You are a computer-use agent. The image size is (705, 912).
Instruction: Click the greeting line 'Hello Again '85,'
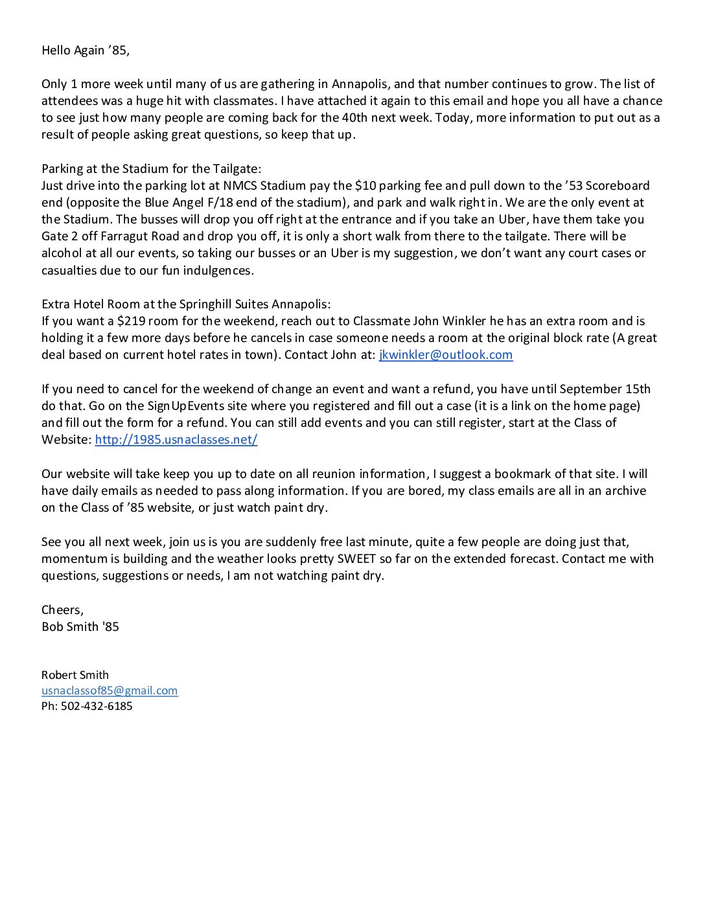[85, 51]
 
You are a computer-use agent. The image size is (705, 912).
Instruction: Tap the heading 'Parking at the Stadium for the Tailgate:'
[151, 169]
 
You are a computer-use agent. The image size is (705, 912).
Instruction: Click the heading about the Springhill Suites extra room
[186, 304]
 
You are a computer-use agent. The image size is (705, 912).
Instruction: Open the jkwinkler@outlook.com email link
[446, 355]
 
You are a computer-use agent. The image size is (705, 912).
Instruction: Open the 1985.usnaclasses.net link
[176, 440]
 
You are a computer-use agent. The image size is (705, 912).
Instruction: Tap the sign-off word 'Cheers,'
[62, 610]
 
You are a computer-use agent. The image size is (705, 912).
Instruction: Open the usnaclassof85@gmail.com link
[110, 690]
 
